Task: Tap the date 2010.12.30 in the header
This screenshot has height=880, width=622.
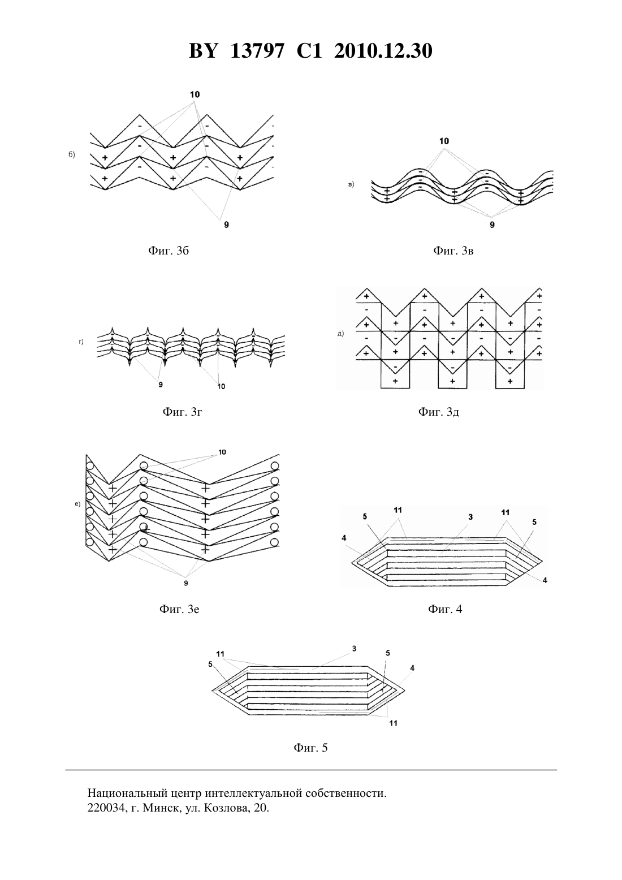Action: click(x=383, y=51)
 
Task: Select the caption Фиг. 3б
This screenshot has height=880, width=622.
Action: click(x=169, y=250)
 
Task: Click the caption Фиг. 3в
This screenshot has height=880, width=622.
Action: click(x=453, y=250)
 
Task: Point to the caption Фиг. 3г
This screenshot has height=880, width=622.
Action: click(x=182, y=411)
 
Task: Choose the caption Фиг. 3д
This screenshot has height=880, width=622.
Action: click(x=439, y=411)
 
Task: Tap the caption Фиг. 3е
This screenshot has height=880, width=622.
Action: click(x=179, y=609)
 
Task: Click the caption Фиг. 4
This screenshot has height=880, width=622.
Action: click(x=445, y=609)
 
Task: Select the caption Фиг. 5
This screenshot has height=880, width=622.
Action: click(x=310, y=748)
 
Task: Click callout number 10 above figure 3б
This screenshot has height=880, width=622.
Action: click(x=195, y=94)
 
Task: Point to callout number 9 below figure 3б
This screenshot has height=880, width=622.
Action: click(x=226, y=225)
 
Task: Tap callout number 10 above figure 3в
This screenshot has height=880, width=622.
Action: click(x=444, y=141)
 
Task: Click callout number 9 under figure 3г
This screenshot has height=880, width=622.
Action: click(x=161, y=385)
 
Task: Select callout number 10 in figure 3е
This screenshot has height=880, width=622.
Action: click(x=222, y=452)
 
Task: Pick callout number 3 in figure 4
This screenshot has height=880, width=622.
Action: click(x=470, y=517)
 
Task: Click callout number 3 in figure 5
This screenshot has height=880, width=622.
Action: click(x=354, y=649)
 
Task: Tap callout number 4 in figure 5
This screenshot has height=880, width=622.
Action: click(x=412, y=668)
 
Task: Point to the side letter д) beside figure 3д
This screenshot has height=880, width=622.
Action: click(x=340, y=334)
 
